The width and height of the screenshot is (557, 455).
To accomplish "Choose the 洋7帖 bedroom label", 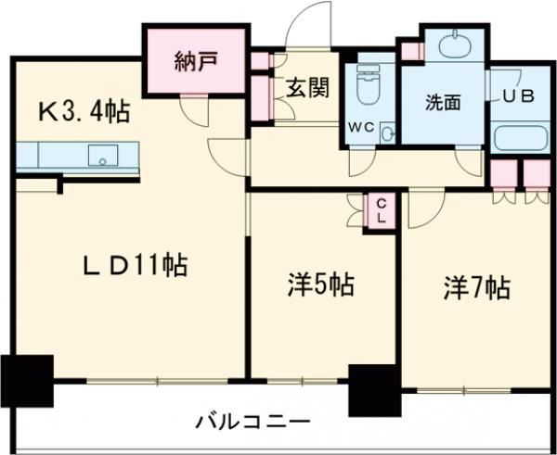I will pos(475,289).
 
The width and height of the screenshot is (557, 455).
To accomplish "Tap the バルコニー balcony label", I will pos(252,421).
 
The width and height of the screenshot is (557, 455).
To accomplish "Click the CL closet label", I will pos(381,210).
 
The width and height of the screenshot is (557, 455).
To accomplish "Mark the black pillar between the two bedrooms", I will pos(373,389).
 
